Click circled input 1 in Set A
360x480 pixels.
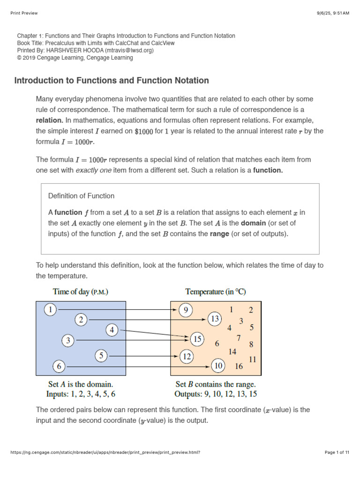51,309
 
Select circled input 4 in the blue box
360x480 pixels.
112,330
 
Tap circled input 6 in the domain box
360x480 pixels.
59,366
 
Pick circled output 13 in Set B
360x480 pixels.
216,319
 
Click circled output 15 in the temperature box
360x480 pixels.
197,338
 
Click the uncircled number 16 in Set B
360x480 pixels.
239,366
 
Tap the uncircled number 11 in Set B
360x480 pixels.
252,360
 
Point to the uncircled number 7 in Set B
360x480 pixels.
239,337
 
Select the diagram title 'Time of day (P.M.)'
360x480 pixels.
81,292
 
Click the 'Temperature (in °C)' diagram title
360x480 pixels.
216,292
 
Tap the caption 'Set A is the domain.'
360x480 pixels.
81,384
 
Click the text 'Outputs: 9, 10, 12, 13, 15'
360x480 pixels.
216,394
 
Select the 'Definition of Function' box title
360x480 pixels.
81,196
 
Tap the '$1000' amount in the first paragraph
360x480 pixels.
144,131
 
